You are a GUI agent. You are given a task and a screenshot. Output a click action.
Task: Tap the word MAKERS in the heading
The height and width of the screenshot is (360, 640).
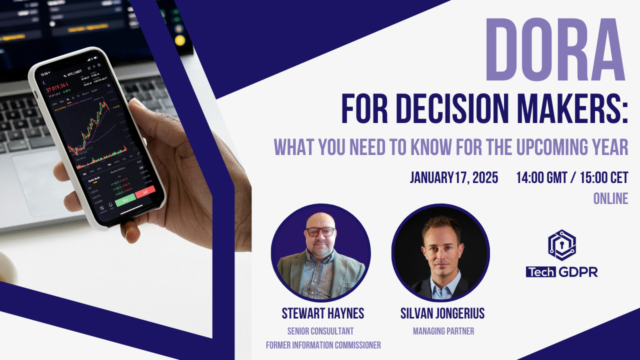tap(574, 109)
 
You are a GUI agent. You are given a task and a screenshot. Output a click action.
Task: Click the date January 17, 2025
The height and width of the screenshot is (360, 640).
tap(453, 177)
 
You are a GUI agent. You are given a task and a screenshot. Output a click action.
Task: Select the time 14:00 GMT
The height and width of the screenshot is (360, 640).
tap(541, 177)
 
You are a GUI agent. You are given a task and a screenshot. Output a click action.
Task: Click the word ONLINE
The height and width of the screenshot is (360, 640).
tap(610, 198)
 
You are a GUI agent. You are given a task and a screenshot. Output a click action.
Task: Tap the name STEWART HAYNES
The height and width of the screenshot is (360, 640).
tap(322, 313)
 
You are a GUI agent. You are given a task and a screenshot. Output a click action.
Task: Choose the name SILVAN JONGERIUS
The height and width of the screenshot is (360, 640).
tap(442, 313)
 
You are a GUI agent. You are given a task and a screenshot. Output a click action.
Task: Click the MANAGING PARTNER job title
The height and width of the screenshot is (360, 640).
tap(443, 331)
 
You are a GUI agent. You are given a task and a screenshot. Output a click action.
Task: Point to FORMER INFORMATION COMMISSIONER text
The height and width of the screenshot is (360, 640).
tap(322, 344)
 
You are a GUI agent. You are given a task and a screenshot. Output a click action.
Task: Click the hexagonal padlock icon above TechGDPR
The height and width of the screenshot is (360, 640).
tap(561, 245)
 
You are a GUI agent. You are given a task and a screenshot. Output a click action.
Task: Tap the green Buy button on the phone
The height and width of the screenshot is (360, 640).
tap(125, 199)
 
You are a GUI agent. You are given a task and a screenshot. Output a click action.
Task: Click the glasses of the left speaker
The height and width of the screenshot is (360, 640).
tap(320, 231)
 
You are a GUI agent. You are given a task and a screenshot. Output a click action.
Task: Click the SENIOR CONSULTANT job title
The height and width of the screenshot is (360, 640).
tap(320, 331)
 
